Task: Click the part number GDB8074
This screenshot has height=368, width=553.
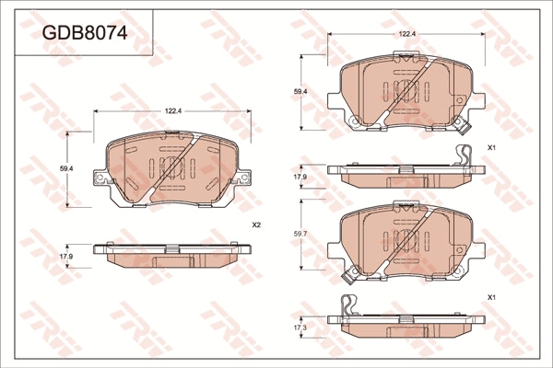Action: coord(85,33)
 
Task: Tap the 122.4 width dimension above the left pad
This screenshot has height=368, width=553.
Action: coord(173,111)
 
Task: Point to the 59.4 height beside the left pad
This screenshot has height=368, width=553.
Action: coord(66,168)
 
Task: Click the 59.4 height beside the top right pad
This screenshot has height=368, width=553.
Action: coord(300,92)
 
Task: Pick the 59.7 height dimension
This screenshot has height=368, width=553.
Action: coord(300,234)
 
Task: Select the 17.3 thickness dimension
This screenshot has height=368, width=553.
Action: coord(300,328)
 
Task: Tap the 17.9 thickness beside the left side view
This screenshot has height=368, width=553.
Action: coord(66,257)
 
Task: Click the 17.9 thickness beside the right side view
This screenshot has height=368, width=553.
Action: coord(300,178)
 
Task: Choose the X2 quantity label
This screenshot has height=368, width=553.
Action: coord(256,224)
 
